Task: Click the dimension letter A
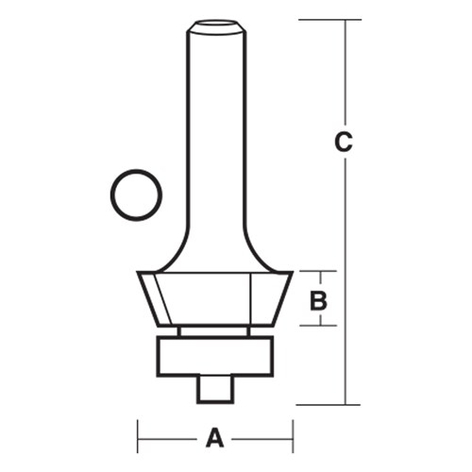point(215,437)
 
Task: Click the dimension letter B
point(319,300)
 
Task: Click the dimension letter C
point(345,143)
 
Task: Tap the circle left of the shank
point(136,195)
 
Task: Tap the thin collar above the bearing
point(214,331)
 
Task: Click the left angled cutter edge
point(152,298)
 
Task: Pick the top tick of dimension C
point(345,19)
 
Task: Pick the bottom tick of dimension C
point(345,403)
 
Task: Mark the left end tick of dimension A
point(139,437)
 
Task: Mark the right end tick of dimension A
point(292,437)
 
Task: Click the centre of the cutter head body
point(214,298)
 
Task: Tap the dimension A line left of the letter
point(170,437)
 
